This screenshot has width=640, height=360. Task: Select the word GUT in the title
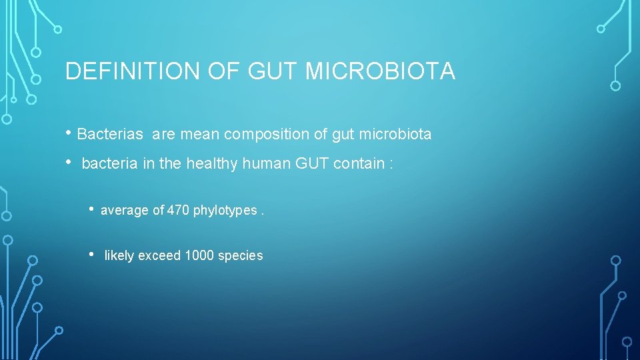click(273, 71)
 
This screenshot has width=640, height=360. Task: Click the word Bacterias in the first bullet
click(110, 135)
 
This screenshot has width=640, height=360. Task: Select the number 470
click(178, 211)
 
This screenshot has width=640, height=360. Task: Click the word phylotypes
click(225, 211)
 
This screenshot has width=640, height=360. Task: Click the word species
click(241, 256)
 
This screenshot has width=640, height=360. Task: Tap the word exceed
click(159, 256)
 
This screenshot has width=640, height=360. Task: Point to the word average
click(125, 211)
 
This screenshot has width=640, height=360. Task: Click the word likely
click(119, 256)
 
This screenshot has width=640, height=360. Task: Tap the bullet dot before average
click(93, 209)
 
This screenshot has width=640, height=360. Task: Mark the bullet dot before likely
click(93, 255)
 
